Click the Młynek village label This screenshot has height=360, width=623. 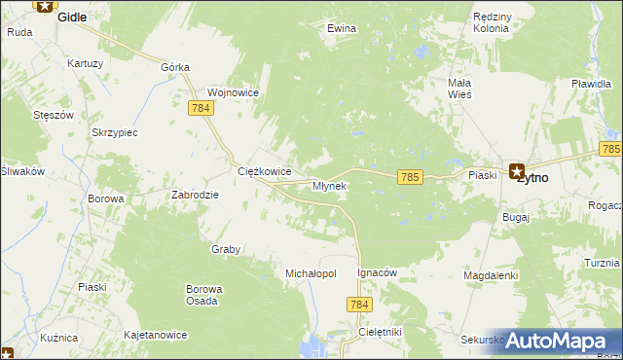pyautogui.click(x=329, y=185)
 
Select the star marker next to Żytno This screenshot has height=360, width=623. pyautogui.click(x=517, y=171)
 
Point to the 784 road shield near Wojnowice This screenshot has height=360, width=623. pyautogui.click(x=202, y=107)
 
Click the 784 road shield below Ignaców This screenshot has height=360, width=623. pyautogui.click(x=359, y=306)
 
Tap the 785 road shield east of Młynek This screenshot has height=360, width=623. pyautogui.click(x=409, y=176)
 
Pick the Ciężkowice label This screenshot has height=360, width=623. pyautogui.click(x=265, y=171)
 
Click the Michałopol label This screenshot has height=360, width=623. pyautogui.click(x=311, y=273)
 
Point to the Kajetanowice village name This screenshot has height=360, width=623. pyautogui.click(x=155, y=335)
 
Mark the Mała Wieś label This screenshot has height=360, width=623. pyautogui.click(x=459, y=89)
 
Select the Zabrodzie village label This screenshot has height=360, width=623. pyautogui.click(x=196, y=194)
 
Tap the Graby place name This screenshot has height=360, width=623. pyautogui.click(x=226, y=249)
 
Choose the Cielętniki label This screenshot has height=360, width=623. pyautogui.click(x=380, y=332)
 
